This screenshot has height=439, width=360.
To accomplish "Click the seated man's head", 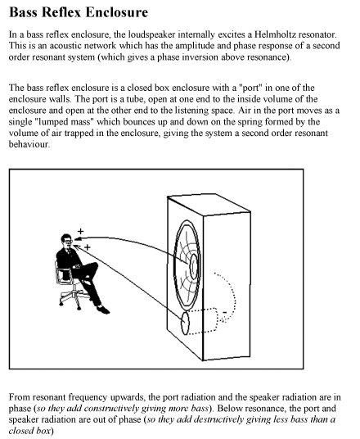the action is pyautogui.click(x=63, y=242).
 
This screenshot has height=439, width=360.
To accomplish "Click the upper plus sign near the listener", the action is pyautogui.click(x=79, y=231).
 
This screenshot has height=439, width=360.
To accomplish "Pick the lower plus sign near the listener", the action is pyautogui.click(x=87, y=246).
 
